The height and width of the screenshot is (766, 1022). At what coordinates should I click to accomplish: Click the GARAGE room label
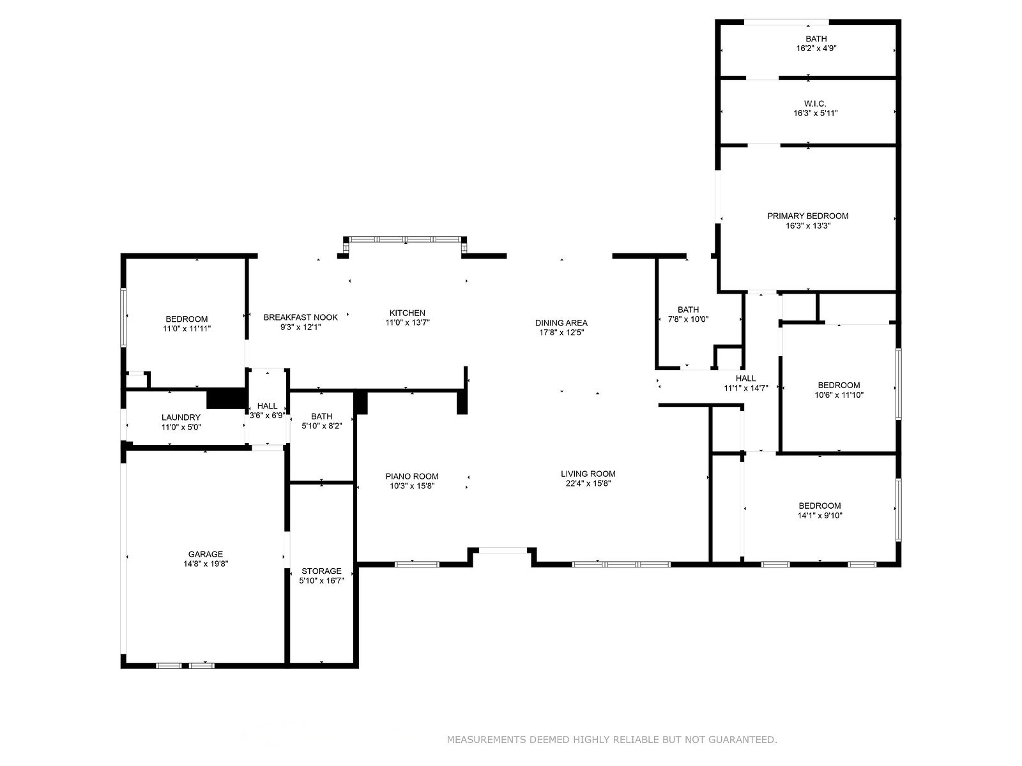point(205,554)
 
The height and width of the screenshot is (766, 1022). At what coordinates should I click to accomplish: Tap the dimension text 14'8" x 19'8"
point(205,564)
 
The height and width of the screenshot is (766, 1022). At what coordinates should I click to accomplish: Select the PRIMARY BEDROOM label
point(808,216)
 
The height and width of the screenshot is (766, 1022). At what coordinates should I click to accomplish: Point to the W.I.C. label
point(815,103)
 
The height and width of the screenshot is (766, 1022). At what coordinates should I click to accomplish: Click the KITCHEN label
point(408,313)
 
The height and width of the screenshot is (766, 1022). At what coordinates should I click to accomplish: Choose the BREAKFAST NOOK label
point(301,317)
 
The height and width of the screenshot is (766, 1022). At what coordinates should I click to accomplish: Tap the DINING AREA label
point(561,323)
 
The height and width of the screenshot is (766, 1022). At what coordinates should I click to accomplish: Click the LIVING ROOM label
point(588,474)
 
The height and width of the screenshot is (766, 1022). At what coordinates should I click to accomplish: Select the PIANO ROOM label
point(412,476)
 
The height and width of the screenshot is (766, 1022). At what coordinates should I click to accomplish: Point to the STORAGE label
point(321,571)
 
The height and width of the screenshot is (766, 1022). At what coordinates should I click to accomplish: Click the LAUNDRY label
point(181,417)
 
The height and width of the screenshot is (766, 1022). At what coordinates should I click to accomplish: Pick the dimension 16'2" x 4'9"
point(816,48)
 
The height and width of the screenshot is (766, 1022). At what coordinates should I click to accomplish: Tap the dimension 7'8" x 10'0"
point(688,319)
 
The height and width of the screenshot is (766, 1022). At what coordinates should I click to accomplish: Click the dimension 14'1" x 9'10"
point(820,515)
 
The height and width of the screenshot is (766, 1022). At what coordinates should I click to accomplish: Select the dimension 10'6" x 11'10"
point(839,395)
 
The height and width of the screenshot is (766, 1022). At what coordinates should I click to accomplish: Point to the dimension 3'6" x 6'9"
point(267,416)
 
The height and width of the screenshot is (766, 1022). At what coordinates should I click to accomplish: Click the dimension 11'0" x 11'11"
point(187,328)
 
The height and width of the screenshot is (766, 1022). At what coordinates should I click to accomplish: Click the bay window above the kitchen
point(405,239)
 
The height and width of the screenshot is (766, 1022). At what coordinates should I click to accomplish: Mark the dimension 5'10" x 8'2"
point(322,426)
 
